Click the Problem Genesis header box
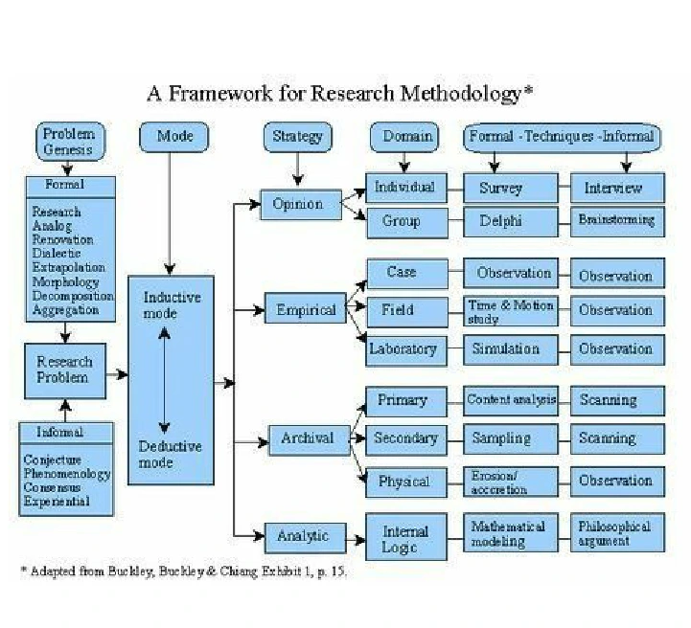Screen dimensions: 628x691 click(68, 141)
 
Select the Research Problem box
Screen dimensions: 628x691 click(64, 370)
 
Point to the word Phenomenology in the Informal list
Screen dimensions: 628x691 click(67, 473)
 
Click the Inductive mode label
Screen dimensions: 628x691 click(173, 304)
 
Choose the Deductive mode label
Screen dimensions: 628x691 click(171, 454)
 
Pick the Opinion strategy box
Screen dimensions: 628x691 click(298, 204)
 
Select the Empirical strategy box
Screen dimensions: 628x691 click(306, 310)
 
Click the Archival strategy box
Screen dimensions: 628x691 click(307, 438)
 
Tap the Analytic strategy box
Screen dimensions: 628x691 click(302, 536)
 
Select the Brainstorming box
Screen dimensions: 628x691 click(616, 221)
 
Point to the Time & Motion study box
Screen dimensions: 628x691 click(511, 311)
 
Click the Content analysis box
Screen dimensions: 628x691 click(511, 400)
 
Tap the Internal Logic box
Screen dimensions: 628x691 click(405, 539)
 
